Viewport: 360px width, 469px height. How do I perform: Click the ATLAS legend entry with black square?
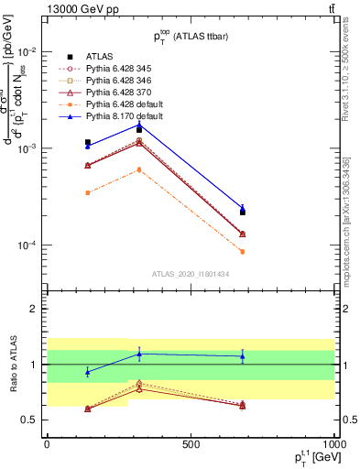(x=96, y=56)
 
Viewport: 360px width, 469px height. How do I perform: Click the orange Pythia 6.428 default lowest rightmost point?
(x=242, y=251)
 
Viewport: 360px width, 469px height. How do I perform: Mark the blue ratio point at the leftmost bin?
(x=87, y=372)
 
